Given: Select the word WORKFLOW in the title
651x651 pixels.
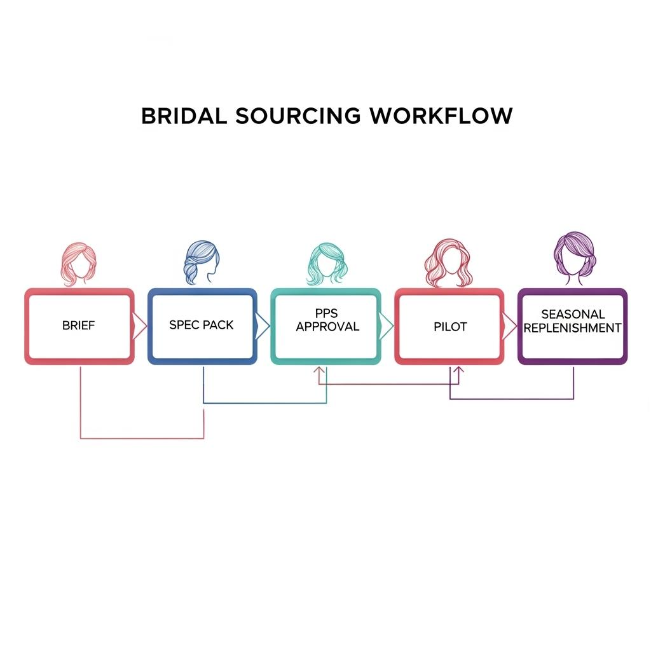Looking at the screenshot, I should pos(440,116).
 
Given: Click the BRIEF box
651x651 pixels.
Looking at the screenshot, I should pos(79,325).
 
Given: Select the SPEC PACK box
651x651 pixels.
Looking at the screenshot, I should pos(202,325).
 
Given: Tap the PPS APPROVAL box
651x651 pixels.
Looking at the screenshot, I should pos(325,325).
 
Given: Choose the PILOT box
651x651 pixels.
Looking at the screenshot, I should pos(449,326).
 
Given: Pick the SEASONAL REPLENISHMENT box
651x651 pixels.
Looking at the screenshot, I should pos(572,325).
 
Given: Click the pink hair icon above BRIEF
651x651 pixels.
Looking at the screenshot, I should pos(79,264).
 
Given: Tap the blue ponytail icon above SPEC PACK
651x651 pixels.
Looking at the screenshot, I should pos(202,262).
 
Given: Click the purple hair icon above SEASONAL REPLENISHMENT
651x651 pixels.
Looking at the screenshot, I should pos(574,257).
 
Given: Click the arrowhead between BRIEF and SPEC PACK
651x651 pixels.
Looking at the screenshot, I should pos(140,325).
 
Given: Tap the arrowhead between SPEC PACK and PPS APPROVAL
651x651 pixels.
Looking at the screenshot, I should pos(263,325).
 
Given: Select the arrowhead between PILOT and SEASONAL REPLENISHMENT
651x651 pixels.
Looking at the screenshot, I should pos(510,325).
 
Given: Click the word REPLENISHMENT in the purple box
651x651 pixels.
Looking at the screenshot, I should pos(572,328).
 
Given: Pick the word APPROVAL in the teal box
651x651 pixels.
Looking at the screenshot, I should pos(327,327).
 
